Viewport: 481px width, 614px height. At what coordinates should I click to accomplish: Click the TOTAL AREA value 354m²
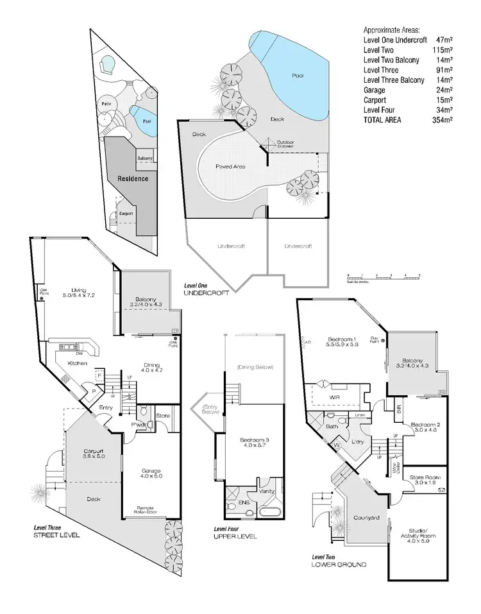443,120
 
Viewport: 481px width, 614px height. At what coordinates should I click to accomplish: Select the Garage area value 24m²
445,90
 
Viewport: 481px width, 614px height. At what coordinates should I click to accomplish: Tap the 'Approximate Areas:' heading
391,30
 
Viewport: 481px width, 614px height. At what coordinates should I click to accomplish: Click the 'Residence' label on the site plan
133,178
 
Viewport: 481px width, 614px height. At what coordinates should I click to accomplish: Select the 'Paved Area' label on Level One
230,165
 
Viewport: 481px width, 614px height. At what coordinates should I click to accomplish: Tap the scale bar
383,276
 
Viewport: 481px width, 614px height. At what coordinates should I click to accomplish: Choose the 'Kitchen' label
78,363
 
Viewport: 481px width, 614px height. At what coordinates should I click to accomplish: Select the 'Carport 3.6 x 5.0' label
94,455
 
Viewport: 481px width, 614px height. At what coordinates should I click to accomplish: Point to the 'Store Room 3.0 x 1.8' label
425,481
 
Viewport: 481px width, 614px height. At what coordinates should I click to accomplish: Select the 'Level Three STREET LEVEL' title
57,531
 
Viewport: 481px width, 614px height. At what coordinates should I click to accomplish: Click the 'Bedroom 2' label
424,428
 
